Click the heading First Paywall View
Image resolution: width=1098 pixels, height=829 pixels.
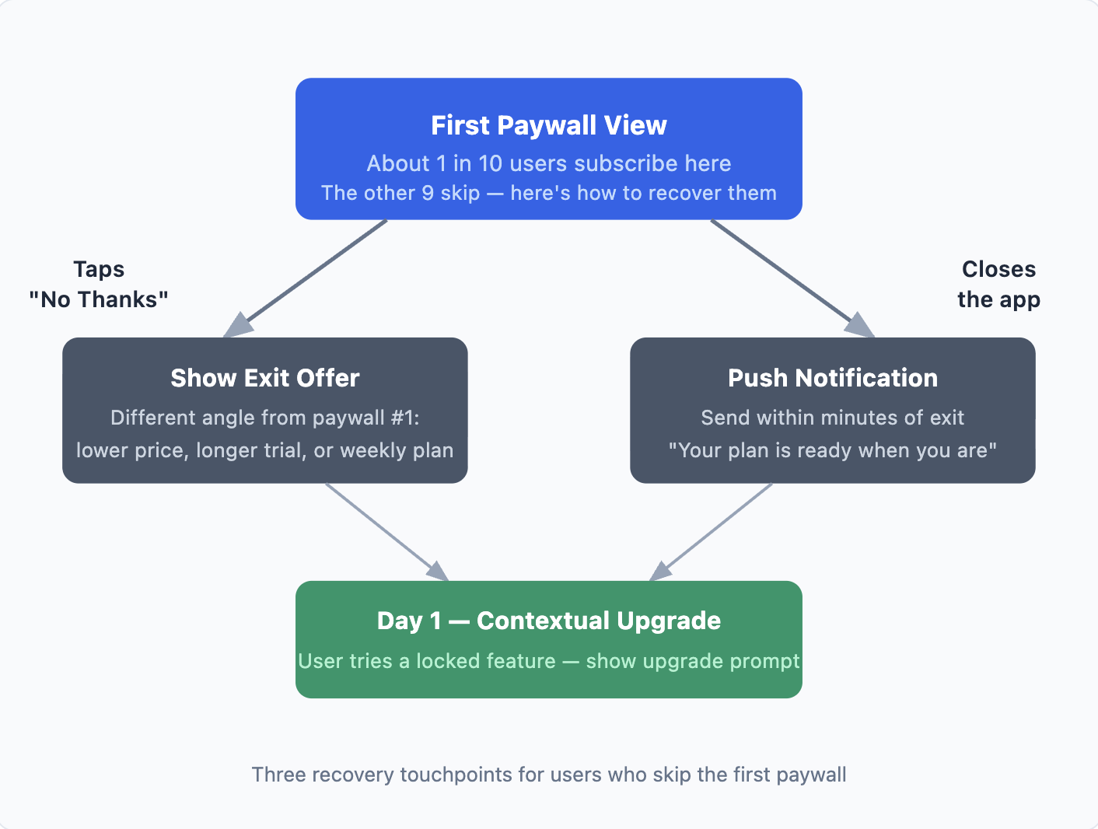[549, 125]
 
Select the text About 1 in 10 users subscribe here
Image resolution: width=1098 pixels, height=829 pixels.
[549, 163]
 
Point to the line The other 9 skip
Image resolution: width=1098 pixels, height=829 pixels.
[549, 193]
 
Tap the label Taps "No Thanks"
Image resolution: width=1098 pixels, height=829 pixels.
[99, 284]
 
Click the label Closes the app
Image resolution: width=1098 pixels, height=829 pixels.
[999, 284]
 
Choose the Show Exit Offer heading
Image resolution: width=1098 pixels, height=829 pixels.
[265, 378]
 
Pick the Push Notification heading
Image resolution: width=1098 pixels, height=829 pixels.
[833, 378]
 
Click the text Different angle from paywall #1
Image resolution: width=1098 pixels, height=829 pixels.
[265, 418]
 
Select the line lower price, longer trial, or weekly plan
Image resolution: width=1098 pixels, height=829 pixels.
[265, 450]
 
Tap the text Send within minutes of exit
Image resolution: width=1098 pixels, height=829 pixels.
[832, 418]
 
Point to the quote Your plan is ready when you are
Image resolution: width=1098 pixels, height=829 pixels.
[833, 450]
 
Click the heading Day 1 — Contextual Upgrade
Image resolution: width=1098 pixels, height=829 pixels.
[549, 621]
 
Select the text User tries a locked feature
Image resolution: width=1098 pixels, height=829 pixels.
[427, 661]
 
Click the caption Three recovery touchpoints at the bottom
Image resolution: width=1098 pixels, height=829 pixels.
[549, 775]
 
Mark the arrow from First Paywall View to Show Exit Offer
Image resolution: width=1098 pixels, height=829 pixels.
[305, 278]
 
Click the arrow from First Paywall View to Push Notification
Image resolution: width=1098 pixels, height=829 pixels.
[793, 278]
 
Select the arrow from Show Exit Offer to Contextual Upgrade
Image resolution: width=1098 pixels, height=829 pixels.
[387, 532]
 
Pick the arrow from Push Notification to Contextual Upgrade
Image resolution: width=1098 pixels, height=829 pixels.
[710, 532]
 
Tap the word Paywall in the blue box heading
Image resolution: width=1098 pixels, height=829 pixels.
[547, 125]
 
